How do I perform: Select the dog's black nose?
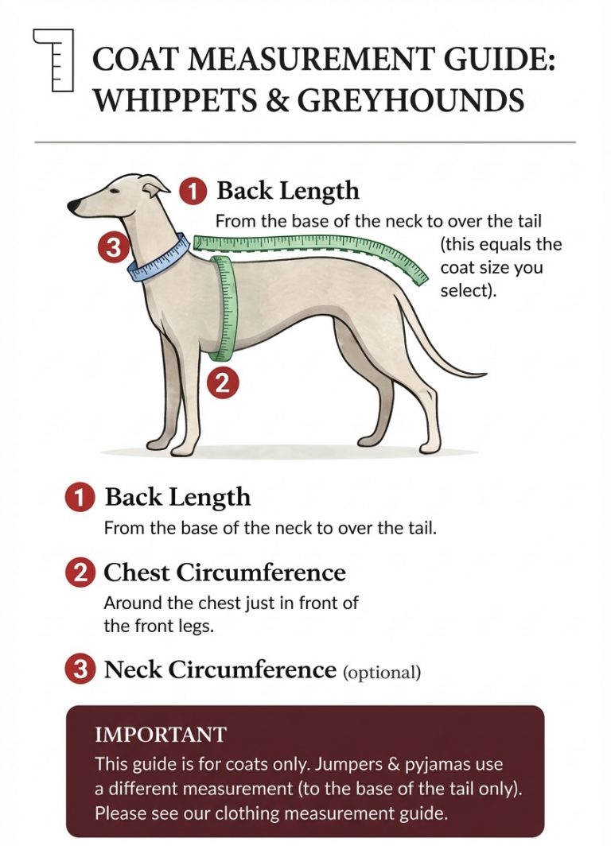pyautogui.click(x=74, y=207)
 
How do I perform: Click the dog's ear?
pyautogui.click(x=156, y=186)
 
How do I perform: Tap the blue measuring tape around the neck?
pyautogui.click(x=159, y=257)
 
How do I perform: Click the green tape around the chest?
pyautogui.click(x=227, y=306)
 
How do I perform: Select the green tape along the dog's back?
pyautogui.click(x=318, y=243)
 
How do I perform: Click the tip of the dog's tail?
pyautogui.click(x=482, y=374)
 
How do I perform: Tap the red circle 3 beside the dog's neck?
pyautogui.click(x=113, y=248)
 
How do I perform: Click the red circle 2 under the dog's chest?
pyautogui.click(x=222, y=383)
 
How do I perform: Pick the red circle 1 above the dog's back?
pyautogui.click(x=193, y=191)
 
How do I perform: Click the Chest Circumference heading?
pyautogui.click(x=224, y=572)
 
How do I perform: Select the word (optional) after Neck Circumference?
pyautogui.click(x=381, y=673)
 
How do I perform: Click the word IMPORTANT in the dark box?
pyautogui.click(x=160, y=734)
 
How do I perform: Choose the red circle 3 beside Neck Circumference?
pyautogui.click(x=80, y=670)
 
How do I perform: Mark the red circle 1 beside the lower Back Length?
pyautogui.click(x=80, y=498)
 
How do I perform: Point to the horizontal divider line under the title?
pyautogui.click(x=305, y=142)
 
